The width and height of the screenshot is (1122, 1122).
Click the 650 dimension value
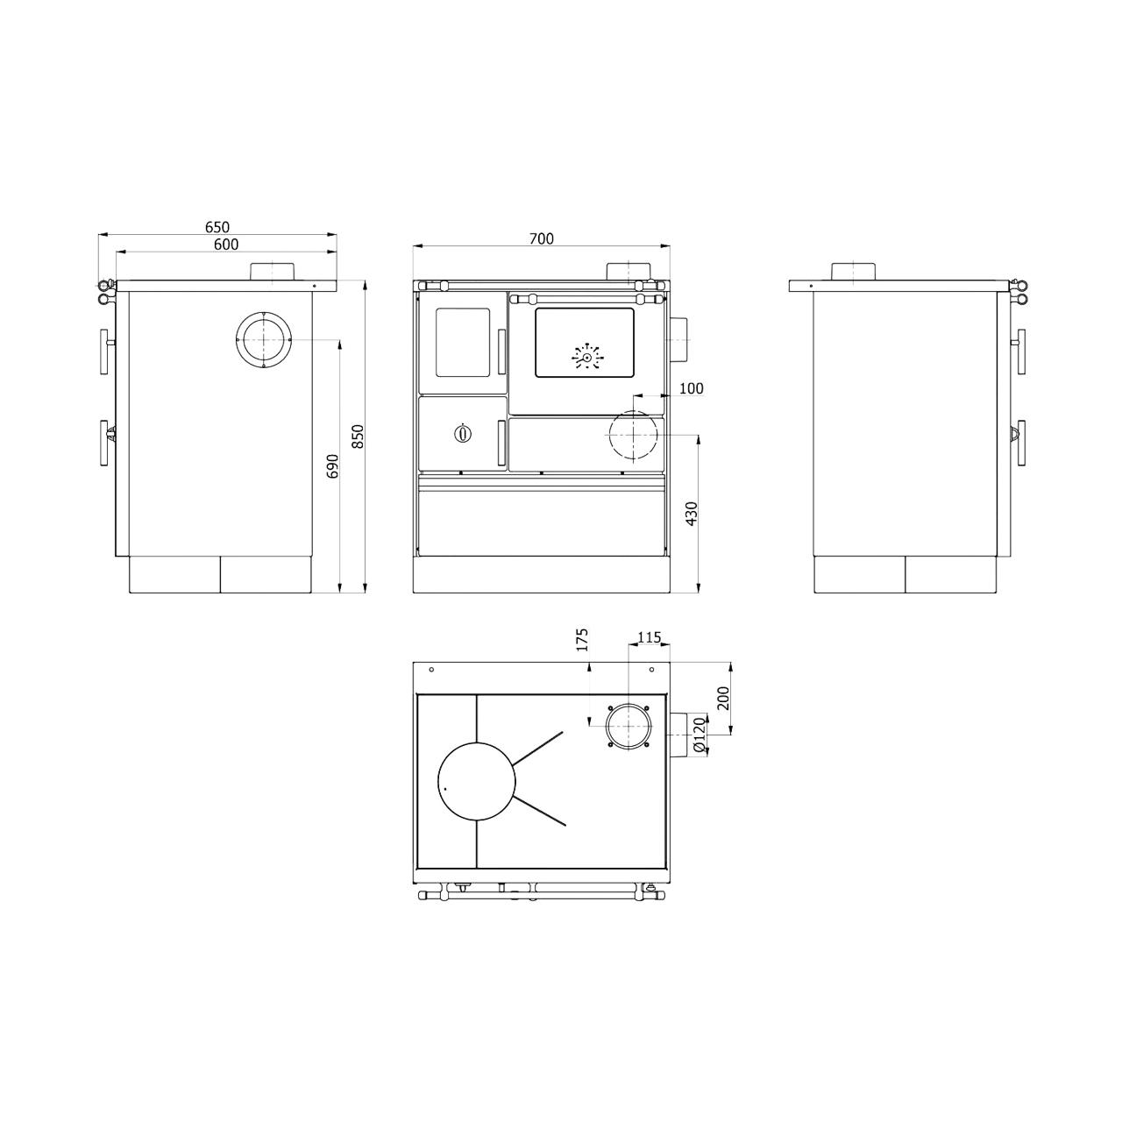217,226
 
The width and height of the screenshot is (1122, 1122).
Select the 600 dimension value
226,245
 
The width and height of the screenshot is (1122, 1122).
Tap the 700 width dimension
542,238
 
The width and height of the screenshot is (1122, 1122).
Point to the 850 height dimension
359,437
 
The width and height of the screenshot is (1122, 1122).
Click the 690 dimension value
332,465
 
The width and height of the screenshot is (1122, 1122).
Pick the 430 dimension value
692,514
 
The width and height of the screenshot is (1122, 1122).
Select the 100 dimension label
691,388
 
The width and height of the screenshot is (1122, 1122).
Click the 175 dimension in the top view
583,639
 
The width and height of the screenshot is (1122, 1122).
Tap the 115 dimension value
650,637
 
